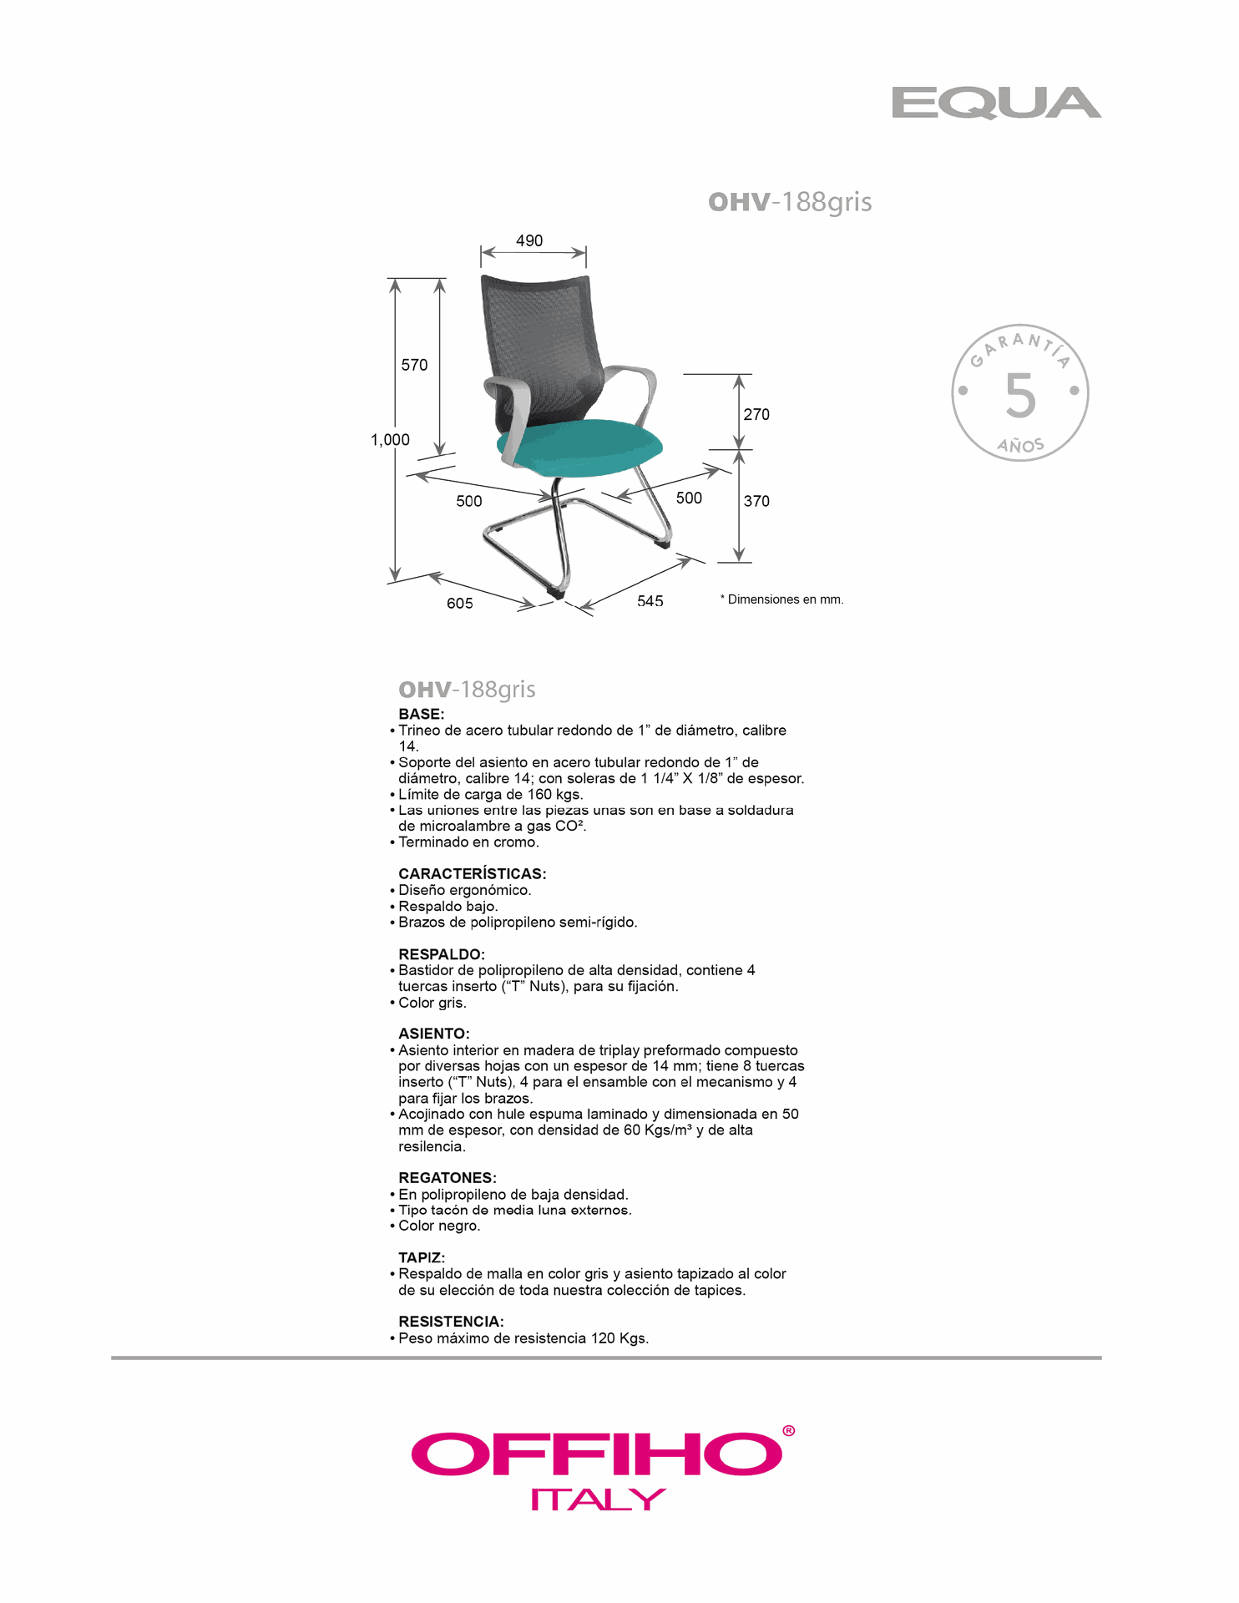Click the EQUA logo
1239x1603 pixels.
pyautogui.click(x=995, y=104)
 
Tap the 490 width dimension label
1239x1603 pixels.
pyautogui.click(x=529, y=240)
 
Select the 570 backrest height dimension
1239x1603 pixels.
pyautogui.click(x=414, y=365)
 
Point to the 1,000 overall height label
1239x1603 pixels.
pyautogui.click(x=390, y=440)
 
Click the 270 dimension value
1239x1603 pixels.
pyautogui.click(x=756, y=414)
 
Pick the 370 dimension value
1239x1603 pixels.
pyautogui.click(x=756, y=501)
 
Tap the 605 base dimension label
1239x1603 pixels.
pyautogui.click(x=459, y=603)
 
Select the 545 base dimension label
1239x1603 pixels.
pyautogui.click(x=650, y=600)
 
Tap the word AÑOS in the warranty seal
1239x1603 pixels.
pyautogui.click(x=1020, y=446)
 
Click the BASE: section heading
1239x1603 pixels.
pyautogui.click(x=422, y=714)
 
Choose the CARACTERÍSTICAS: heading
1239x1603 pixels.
pyautogui.click(x=472, y=873)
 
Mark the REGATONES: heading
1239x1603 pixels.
pyautogui.click(x=447, y=1177)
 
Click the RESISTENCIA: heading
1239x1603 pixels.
pyautogui.click(x=451, y=1322)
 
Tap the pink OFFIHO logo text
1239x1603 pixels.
pyautogui.click(x=597, y=1454)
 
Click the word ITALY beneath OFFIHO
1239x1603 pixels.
pyautogui.click(x=598, y=1499)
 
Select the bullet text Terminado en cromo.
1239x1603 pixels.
pyautogui.click(x=468, y=842)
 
